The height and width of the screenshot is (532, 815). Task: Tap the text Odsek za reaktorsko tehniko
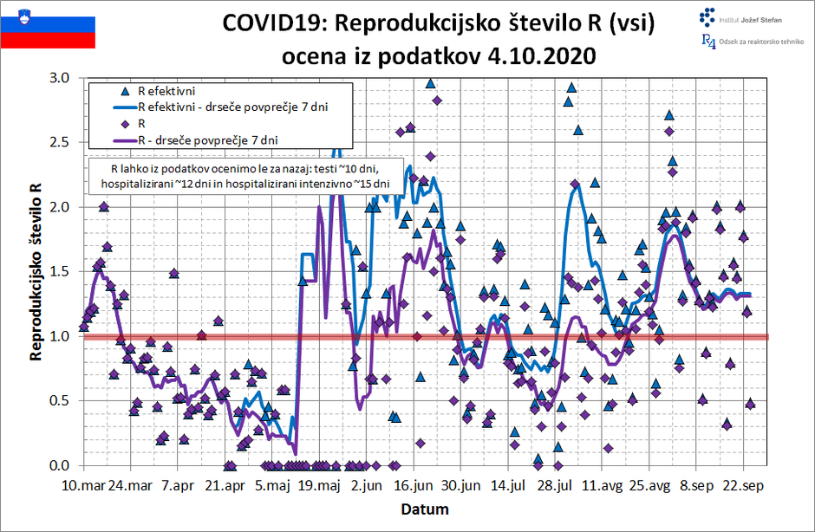coord(760,42)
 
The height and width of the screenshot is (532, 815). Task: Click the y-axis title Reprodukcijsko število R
coord(36,271)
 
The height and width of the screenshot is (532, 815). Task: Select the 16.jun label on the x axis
coord(413,486)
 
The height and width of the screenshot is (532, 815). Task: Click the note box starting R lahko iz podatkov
coord(245,174)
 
